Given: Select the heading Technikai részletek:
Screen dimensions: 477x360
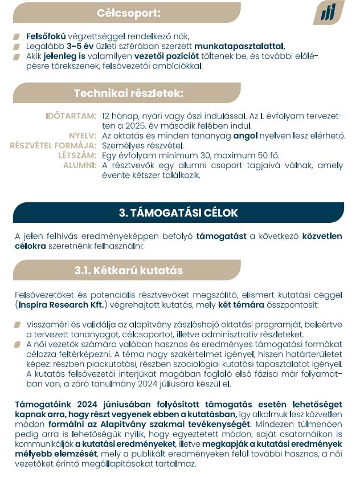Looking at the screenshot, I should (x=128, y=93).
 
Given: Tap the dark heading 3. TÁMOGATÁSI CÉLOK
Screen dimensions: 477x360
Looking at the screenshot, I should (x=178, y=213).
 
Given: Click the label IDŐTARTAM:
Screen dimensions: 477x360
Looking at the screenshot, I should (x=71, y=116).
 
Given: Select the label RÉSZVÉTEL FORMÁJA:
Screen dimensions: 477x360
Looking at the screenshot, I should (x=53, y=145).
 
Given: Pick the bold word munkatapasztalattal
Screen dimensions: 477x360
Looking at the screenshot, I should (x=239, y=46).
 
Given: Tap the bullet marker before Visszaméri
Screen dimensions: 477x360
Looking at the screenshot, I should (x=18, y=324).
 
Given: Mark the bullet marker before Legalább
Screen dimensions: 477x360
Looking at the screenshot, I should (x=18, y=46).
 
